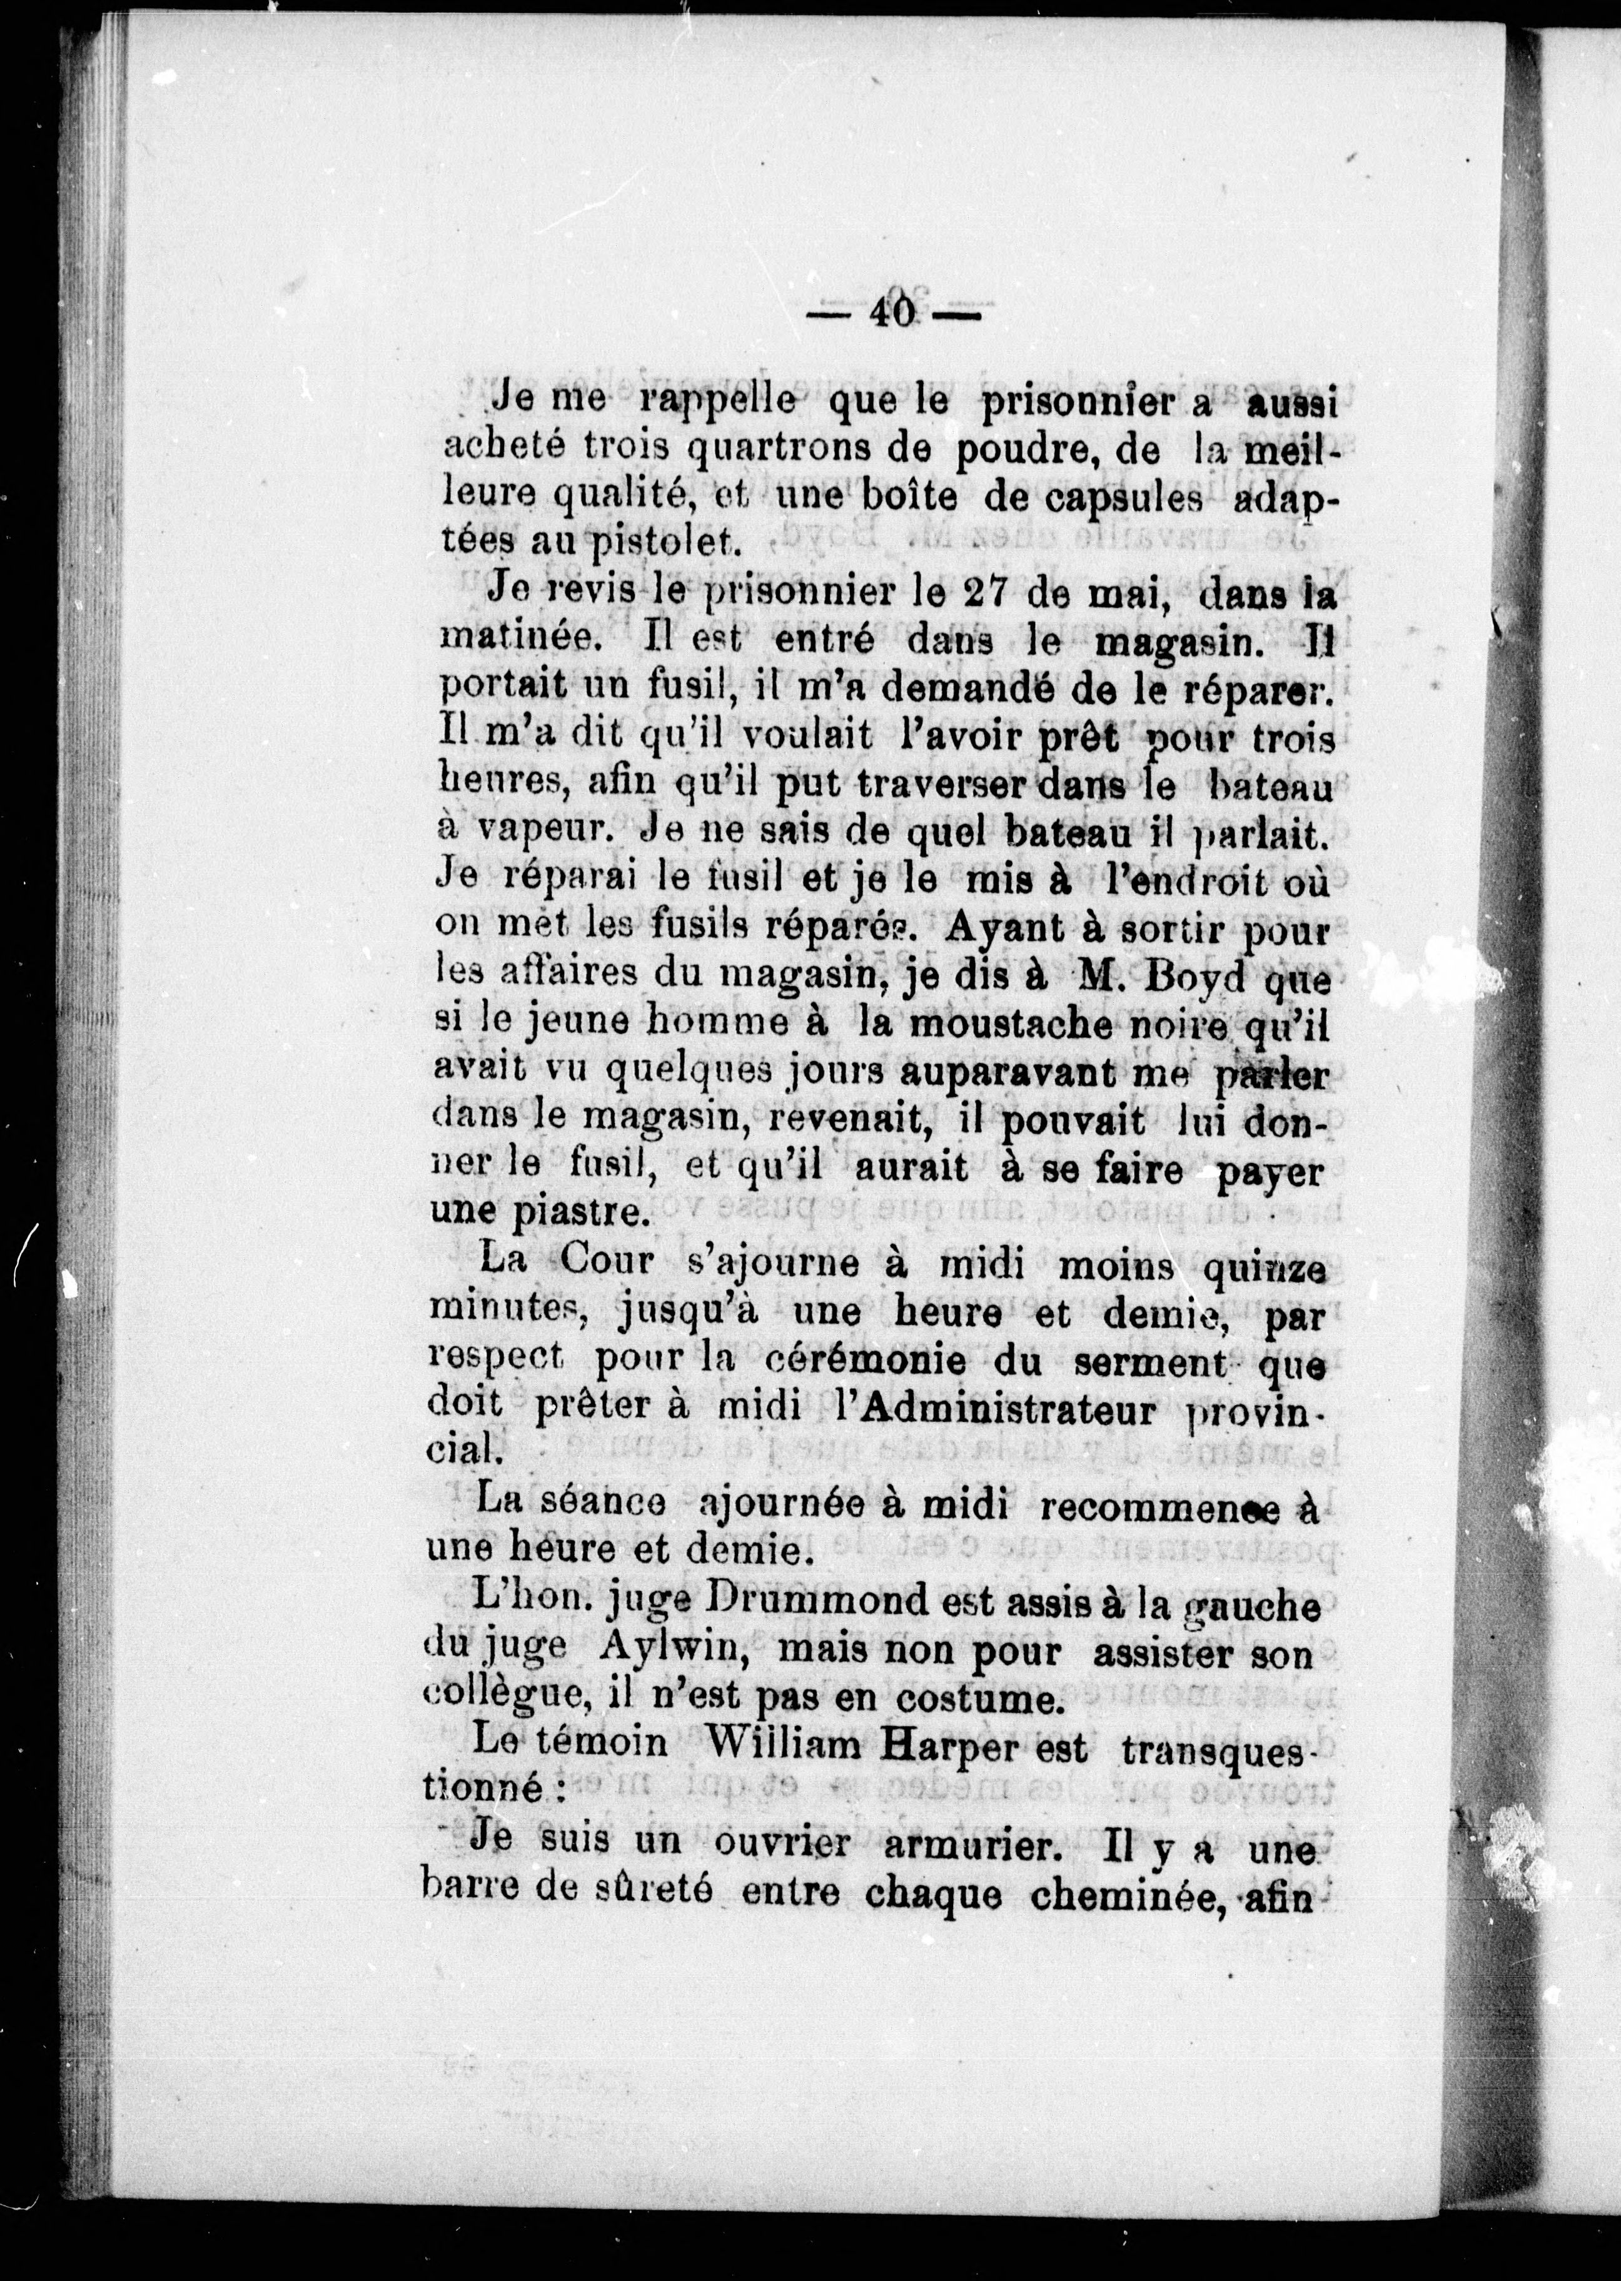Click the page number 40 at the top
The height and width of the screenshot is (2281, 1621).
(x=891, y=313)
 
